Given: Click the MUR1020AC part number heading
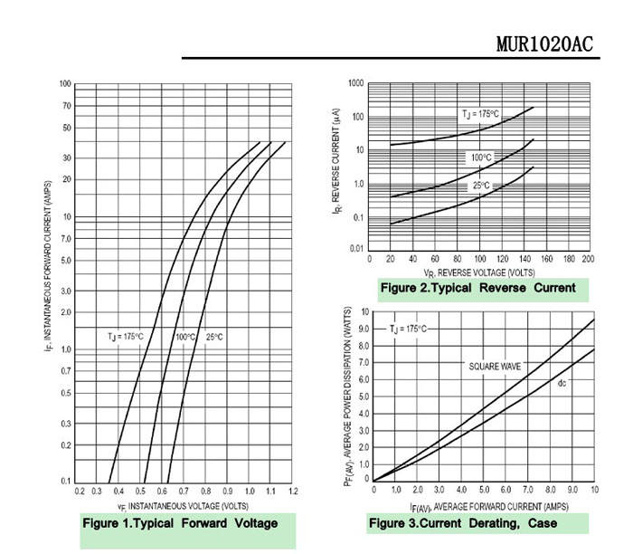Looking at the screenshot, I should [545, 44].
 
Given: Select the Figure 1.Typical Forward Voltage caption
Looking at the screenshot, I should [180, 523].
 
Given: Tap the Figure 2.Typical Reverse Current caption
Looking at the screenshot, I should [477, 288].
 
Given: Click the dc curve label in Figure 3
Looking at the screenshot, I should [562, 384].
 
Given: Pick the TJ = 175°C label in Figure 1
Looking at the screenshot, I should [126, 337].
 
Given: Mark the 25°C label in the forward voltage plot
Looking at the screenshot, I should [213, 337].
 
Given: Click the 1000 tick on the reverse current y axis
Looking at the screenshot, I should [355, 83].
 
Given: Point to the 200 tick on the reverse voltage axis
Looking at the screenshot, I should [588, 258].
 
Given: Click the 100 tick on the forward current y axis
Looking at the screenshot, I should [65, 84].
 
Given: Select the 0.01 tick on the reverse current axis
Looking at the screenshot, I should [355, 248].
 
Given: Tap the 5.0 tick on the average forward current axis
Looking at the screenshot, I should [484, 490].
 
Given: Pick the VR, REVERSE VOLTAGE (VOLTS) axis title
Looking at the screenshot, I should [479, 271].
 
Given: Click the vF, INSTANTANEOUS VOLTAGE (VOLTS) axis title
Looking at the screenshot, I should [183, 505].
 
